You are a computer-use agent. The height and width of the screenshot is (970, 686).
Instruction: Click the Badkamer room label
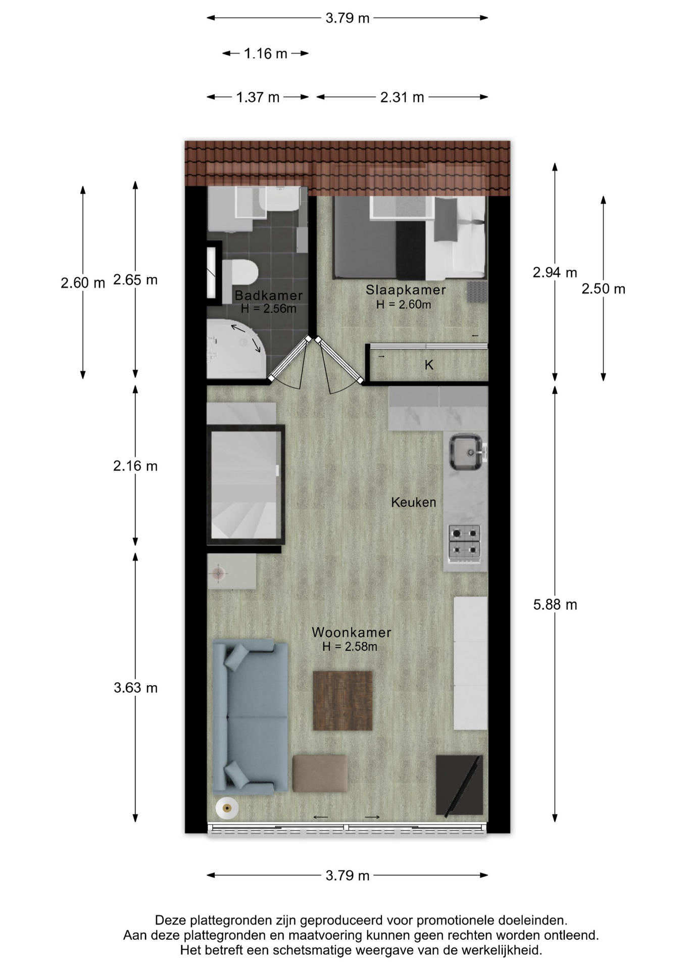268,296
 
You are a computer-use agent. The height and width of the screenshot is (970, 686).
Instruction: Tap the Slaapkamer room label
406,290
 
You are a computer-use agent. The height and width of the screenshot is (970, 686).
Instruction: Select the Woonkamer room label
351,632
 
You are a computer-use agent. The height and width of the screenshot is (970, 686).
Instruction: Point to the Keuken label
413,502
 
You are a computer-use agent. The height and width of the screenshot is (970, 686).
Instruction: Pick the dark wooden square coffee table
342,700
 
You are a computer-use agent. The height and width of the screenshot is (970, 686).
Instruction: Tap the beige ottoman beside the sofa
320,773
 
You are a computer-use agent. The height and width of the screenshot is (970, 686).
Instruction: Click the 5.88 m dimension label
555,605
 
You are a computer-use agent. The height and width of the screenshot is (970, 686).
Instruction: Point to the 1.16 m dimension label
266,54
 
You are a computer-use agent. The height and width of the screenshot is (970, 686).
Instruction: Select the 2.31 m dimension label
402,97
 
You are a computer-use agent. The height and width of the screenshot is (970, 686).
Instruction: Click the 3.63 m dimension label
135,688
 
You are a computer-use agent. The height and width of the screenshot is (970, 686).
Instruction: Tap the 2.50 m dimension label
603,289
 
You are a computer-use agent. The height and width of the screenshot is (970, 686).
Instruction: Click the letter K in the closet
429,365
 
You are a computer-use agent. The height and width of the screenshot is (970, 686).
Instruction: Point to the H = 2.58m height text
350,647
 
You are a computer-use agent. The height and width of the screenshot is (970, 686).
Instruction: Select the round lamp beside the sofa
227,809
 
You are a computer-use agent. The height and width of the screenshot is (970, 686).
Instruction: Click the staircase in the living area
246,484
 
